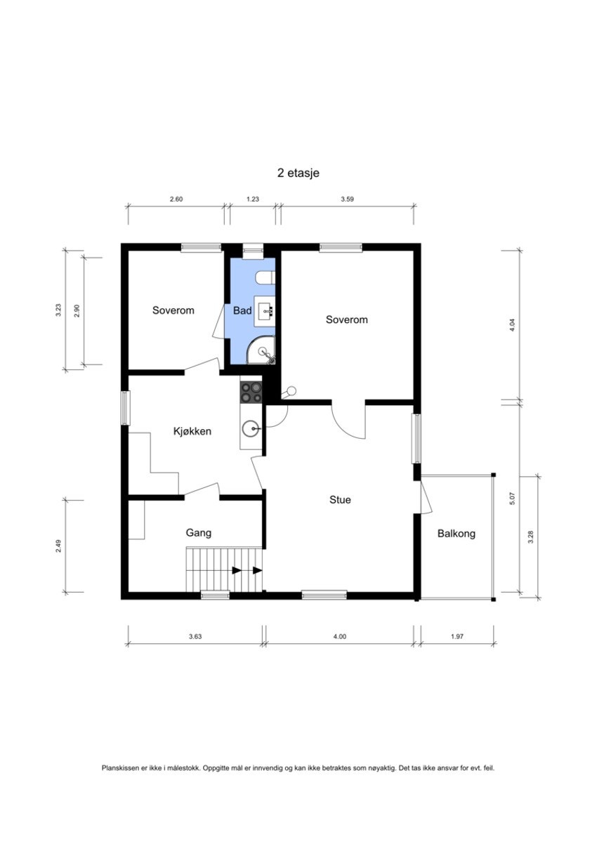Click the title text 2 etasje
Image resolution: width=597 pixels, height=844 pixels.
tap(298, 173)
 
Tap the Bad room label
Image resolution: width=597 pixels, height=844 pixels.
tap(242, 310)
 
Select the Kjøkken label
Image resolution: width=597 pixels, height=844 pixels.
tap(192, 431)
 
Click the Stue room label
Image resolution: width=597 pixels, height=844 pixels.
tap(340, 500)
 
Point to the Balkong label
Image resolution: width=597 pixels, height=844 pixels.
tap(456, 534)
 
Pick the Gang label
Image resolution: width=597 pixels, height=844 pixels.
tap(198, 533)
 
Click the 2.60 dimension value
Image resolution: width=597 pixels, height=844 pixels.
tap(176, 199)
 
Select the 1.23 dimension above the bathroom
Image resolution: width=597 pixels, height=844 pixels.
tap(253, 199)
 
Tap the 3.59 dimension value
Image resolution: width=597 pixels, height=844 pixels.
tap(347, 199)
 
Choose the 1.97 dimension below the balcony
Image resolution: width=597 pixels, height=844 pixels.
tap(457, 637)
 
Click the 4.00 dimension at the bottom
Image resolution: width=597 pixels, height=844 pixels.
tap(339, 637)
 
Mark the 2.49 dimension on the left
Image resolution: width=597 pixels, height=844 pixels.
tap(58, 546)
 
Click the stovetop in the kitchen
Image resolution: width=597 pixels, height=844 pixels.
tap(251, 392)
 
